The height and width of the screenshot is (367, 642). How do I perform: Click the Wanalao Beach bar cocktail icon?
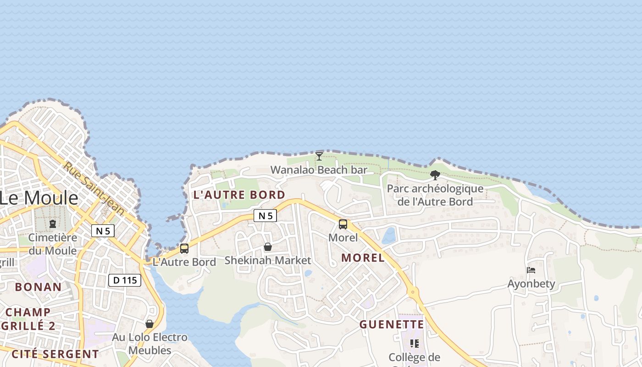[x=319, y=156]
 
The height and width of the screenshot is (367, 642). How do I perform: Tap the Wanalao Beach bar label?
[x=319, y=170]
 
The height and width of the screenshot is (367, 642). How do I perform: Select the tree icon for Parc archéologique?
[x=435, y=175]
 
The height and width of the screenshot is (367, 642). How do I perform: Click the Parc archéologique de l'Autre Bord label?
[x=435, y=195]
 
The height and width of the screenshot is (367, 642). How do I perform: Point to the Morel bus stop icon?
[x=343, y=224]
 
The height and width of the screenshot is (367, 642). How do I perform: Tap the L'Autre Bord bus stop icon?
[x=184, y=249]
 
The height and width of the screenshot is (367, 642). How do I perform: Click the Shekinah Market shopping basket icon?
[x=268, y=247]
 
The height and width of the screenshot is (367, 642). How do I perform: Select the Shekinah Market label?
[x=268, y=261]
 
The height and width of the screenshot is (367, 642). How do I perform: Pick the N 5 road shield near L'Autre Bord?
[x=266, y=216]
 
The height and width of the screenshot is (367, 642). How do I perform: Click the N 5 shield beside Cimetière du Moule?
[x=103, y=230]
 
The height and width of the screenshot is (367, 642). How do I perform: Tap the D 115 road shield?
[x=125, y=280]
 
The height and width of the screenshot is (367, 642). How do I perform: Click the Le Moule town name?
[x=39, y=198]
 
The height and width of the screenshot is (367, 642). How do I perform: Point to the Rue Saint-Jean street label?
[x=94, y=188]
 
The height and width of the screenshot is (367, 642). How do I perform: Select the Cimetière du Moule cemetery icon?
[x=53, y=224]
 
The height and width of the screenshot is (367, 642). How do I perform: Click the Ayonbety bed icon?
[x=531, y=270]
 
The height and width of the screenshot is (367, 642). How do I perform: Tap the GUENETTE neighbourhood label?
[x=392, y=325]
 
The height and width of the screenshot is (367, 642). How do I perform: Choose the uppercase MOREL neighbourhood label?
[x=363, y=258]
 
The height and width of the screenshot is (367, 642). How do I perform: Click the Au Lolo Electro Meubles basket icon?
[x=149, y=324]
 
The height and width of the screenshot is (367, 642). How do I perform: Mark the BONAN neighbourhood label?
[x=38, y=287]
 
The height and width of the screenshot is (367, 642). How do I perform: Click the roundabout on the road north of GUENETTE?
[x=413, y=291]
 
